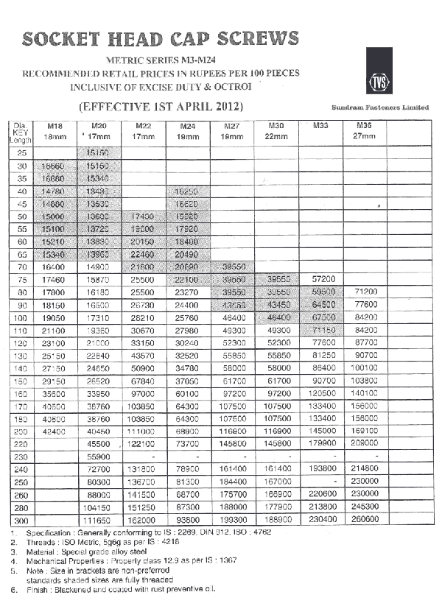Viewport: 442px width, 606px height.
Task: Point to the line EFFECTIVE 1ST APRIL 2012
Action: pos(161,107)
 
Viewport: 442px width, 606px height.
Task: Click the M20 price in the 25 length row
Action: pos(98,153)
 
